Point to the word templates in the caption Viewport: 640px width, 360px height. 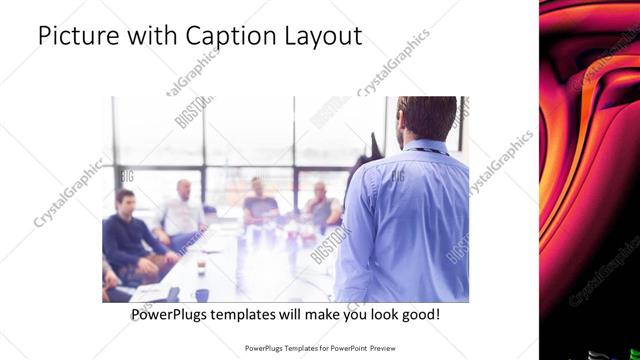(x=255, y=314)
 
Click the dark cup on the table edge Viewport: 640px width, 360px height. (x=202, y=295)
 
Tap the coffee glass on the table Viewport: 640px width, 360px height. (x=202, y=266)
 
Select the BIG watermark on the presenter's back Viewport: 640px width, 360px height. (x=397, y=177)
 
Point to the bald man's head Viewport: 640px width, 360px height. (x=184, y=188)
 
